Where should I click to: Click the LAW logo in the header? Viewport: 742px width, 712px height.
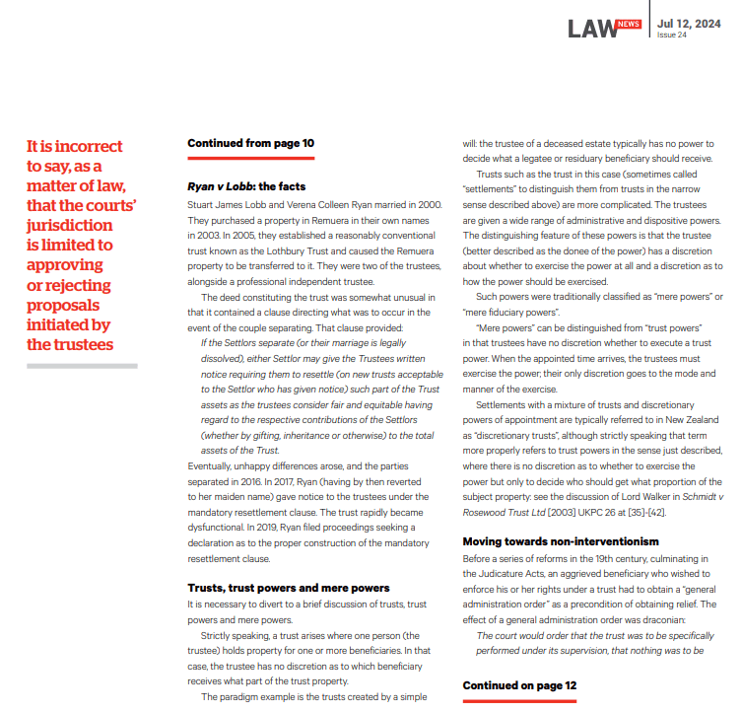pyautogui.click(x=591, y=29)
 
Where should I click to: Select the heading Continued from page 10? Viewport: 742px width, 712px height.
pyautogui.click(x=250, y=143)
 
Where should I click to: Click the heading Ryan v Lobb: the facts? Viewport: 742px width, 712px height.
pyautogui.click(x=246, y=186)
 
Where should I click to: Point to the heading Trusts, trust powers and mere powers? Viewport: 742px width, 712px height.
pyautogui.click(x=288, y=588)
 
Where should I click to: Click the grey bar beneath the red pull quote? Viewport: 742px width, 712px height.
pyautogui.click(x=81, y=366)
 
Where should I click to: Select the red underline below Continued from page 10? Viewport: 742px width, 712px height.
pyautogui.click(x=250, y=157)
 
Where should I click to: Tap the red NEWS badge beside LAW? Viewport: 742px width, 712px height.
pyautogui.click(x=628, y=24)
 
